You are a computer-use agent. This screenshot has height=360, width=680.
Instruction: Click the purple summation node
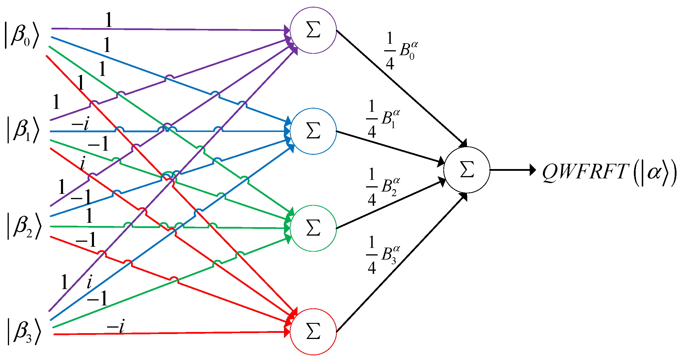tap(313, 30)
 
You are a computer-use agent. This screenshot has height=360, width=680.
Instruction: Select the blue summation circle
tap(313, 131)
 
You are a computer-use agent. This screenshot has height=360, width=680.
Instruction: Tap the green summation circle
tap(313, 228)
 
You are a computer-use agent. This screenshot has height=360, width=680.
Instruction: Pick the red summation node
tap(313, 331)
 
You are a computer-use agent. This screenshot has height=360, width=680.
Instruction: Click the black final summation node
tap(466, 170)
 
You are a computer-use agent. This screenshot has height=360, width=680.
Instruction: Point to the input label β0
tap(21, 35)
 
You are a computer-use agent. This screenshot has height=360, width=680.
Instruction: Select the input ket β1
tap(23, 130)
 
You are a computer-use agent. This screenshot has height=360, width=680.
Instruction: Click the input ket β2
tap(23, 226)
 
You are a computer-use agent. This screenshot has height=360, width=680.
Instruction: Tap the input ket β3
tap(23, 331)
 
